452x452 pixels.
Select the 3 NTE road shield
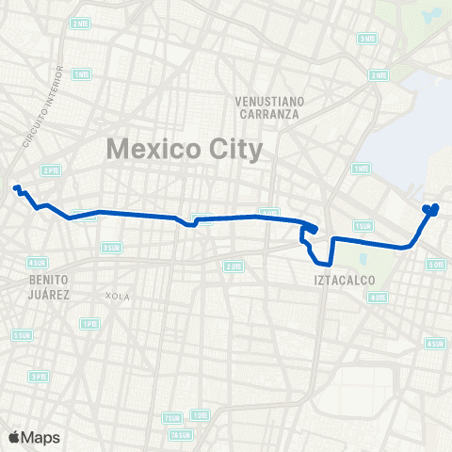[366, 39]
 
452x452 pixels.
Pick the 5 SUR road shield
[20, 335]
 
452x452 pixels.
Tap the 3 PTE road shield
[39, 376]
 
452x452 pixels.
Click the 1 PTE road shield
[89, 324]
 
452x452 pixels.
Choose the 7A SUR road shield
[178, 435]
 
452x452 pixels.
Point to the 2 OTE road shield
[234, 266]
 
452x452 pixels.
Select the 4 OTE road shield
[378, 298]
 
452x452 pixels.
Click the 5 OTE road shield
[436, 265]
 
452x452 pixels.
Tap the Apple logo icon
[14, 436]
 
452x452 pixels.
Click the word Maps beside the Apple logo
[40, 436]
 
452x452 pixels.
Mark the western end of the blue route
[15, 188]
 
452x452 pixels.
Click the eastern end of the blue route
[435, 207]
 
